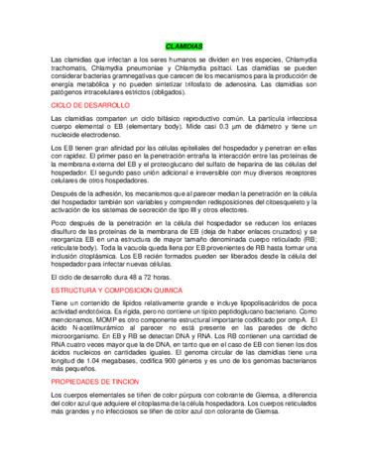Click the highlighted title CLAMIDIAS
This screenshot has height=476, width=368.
tap(184, 47)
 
